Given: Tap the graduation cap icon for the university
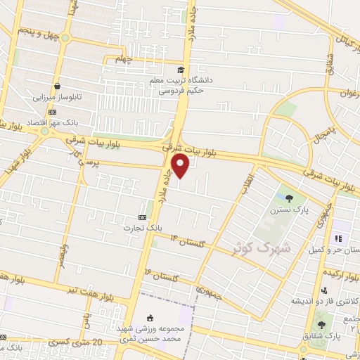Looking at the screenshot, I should [x=181, y=70].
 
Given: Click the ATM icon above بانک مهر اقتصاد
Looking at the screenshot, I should [x=52, y=110].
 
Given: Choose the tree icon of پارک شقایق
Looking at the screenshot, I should [x=321, y=325].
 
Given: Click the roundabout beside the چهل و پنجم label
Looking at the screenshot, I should [x=65, y=38].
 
